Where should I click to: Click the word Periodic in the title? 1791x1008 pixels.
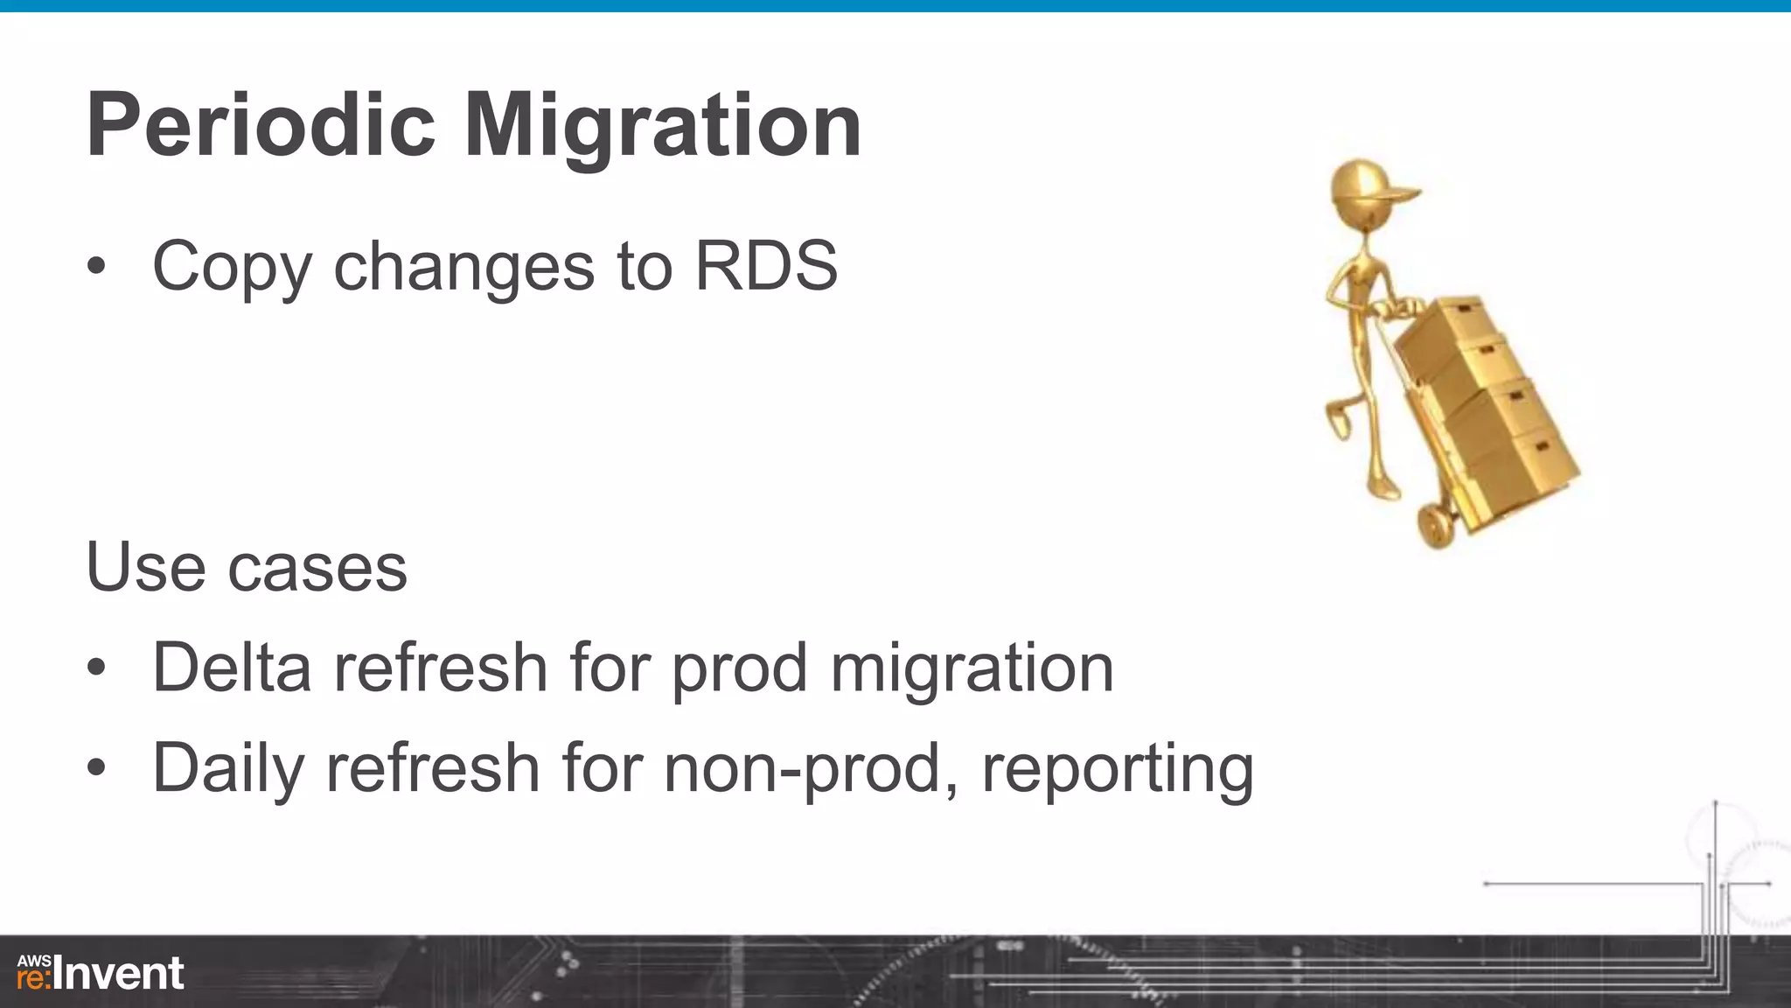pyautogui.click(x=261, y=127)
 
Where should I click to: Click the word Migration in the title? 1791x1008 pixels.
pyautogui.click(x=663, y=127)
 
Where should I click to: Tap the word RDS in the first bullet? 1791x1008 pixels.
pyautogui.click(x=766, y=265)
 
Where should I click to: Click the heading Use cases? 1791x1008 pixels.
pyautogui.click(x=247, y=567)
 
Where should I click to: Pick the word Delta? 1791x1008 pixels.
pyautogui.click(x=232, y=668)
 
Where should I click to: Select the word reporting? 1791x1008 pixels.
pyautogui.click(x=1117, y=768)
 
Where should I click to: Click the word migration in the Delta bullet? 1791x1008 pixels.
pyautogui.click(x=972, y=668)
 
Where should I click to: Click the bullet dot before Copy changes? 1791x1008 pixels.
pyautogui.click(x=96, y=266)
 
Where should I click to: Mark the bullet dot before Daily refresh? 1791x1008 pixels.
pyautogui.click(x=96, y=768)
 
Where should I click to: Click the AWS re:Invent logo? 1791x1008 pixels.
pyautogui.click(x=100, y=973)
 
